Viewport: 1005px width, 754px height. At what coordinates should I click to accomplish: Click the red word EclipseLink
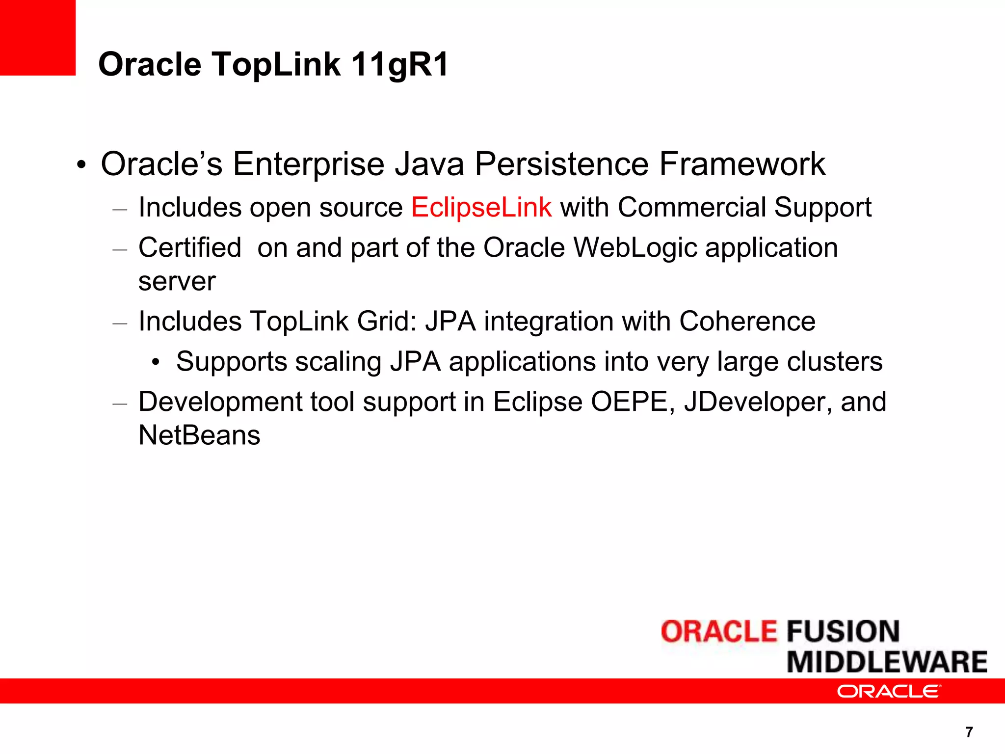[x=481, y=207]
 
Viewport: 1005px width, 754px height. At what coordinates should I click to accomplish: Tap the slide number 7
[x=969, y=732]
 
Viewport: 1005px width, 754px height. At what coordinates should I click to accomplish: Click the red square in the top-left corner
[x=37, y=37]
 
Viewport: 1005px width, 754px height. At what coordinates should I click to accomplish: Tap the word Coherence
[x=747, y=322]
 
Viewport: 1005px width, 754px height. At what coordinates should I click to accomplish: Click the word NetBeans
[x=199, y=435]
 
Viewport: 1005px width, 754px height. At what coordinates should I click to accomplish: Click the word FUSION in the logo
[x=843, y=631]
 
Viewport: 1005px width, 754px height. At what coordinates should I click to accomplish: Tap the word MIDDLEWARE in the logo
[x=887, y=662]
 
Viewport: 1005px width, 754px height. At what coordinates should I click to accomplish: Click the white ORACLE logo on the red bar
[x=889, y=691]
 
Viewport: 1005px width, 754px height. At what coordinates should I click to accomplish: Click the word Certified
[x=190, y=247]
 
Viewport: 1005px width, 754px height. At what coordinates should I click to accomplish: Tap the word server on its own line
[x=177, y=281]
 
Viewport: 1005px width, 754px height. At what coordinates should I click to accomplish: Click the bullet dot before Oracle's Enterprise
[x=81, y=165]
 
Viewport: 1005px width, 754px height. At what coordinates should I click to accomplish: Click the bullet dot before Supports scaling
[x=156, y=363]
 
